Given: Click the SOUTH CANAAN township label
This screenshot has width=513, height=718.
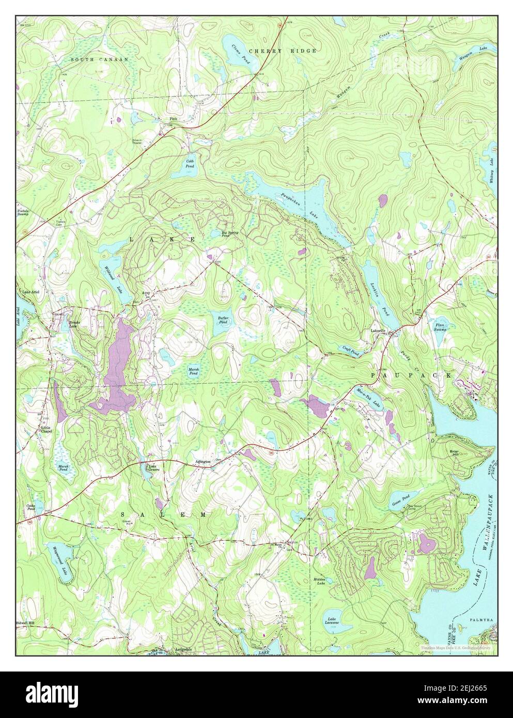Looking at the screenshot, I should click(100, 60).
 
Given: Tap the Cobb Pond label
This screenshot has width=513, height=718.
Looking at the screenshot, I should click(190, 164).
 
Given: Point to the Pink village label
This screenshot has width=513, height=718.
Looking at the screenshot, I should click(173, 118).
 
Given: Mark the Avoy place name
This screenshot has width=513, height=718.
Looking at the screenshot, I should click(146, 293).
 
